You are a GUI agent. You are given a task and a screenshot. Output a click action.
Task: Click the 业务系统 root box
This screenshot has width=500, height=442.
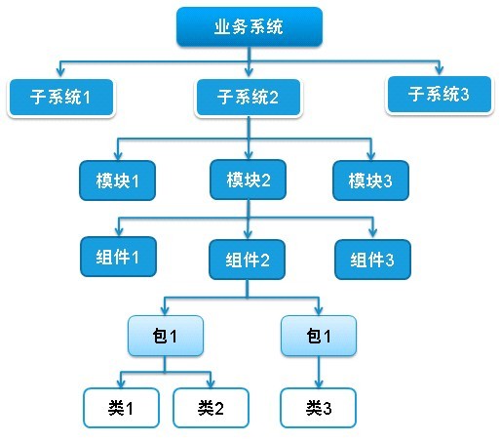250,26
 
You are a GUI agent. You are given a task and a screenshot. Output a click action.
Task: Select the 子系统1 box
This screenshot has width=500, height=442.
61,98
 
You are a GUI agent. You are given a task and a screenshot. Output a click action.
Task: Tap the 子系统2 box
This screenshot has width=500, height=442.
249,98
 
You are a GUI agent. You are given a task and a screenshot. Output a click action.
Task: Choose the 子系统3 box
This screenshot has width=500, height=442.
440,95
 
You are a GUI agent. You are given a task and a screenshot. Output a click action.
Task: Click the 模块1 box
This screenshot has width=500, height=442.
117,181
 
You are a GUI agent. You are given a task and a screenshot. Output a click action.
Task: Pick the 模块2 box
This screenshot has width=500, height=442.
249,180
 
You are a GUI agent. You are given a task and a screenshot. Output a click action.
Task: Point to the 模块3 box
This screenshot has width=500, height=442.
370,181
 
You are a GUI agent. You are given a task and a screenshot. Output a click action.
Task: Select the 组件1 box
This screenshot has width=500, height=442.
118,257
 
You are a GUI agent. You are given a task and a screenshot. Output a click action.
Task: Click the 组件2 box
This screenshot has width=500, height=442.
248,260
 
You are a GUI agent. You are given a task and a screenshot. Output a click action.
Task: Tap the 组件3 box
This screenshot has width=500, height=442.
372,260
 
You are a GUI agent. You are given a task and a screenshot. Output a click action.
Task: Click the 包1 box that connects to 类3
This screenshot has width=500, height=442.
319,336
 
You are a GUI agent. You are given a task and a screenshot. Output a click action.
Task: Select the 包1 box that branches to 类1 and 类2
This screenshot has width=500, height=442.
166,336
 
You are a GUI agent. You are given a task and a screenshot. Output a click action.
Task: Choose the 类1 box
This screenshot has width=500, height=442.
121,408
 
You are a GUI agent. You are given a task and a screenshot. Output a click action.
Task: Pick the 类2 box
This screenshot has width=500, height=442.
211,408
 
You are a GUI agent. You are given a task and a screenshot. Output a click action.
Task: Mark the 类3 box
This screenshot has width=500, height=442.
319,408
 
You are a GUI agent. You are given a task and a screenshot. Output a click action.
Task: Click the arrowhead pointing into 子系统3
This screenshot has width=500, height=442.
440,70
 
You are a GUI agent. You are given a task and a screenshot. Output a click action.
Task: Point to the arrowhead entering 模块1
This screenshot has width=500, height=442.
118,155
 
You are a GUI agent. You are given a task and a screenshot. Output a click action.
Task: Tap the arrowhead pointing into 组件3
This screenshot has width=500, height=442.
373,232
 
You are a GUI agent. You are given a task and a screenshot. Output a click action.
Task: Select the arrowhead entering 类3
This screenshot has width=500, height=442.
319,382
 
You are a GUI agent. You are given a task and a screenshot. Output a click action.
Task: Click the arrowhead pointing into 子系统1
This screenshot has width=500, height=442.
60,72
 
